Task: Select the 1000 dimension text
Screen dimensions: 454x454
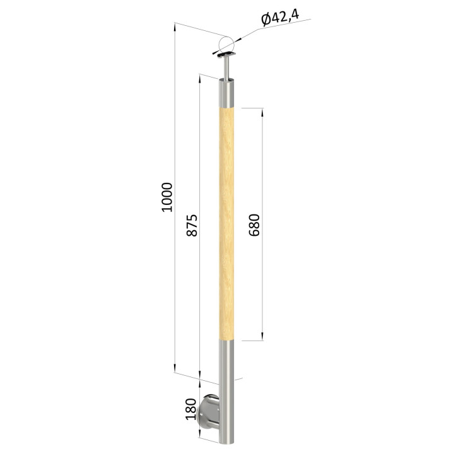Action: tap(166, 197)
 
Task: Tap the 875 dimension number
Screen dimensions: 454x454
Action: tap(192, 225)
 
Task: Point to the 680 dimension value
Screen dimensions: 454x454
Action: tap(254, 225)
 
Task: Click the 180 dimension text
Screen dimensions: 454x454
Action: tap(191, 409)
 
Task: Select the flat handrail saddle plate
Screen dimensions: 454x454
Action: tap(227, 55)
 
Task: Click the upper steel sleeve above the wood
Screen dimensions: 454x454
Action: tap(226, 93)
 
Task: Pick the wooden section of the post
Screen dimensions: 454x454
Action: tap(226, 224)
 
